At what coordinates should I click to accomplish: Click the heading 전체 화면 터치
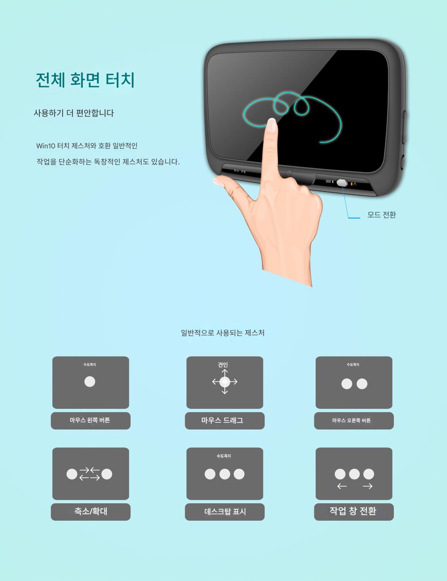pyautogui.click(x=85, y=80)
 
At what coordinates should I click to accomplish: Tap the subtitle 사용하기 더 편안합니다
pyautogui.click(x=74, y=113)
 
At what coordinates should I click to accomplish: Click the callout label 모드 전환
pyautogui.click(x=381, y=215)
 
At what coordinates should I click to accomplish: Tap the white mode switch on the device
pyautogui.click(x=342, y=183)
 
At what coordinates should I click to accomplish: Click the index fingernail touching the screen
pyautogui.click(x=272, y=125)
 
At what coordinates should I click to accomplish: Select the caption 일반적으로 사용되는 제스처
pyautogui.click(x=223, y=333)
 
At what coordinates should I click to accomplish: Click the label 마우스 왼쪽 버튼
pyautogui.click(x=90, y=420)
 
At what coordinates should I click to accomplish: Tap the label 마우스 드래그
pyautogui.click(x=223, y=420)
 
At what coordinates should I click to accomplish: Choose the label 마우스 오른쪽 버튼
pyautogui.click(x=351, y=421)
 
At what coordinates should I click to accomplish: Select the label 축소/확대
pyautogui.click(x=91, y=511)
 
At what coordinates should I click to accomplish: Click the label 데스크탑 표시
pyautogui.click(x=225, y=512)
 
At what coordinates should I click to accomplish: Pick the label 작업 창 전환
pyautogui.click(x=353, y=511)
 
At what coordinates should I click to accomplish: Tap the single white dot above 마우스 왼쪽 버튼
pyautogui.click(x=90, y=382)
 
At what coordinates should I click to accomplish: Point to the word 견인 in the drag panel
pyautogui.click(x=223, y=365)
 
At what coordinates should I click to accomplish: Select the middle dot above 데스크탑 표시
pyautogui.click(x=224, y=474)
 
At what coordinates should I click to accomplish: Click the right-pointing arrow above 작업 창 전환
pyautogui.click(x=367, y=486)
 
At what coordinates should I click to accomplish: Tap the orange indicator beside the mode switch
pyautogui.click(x=351, y=184)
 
